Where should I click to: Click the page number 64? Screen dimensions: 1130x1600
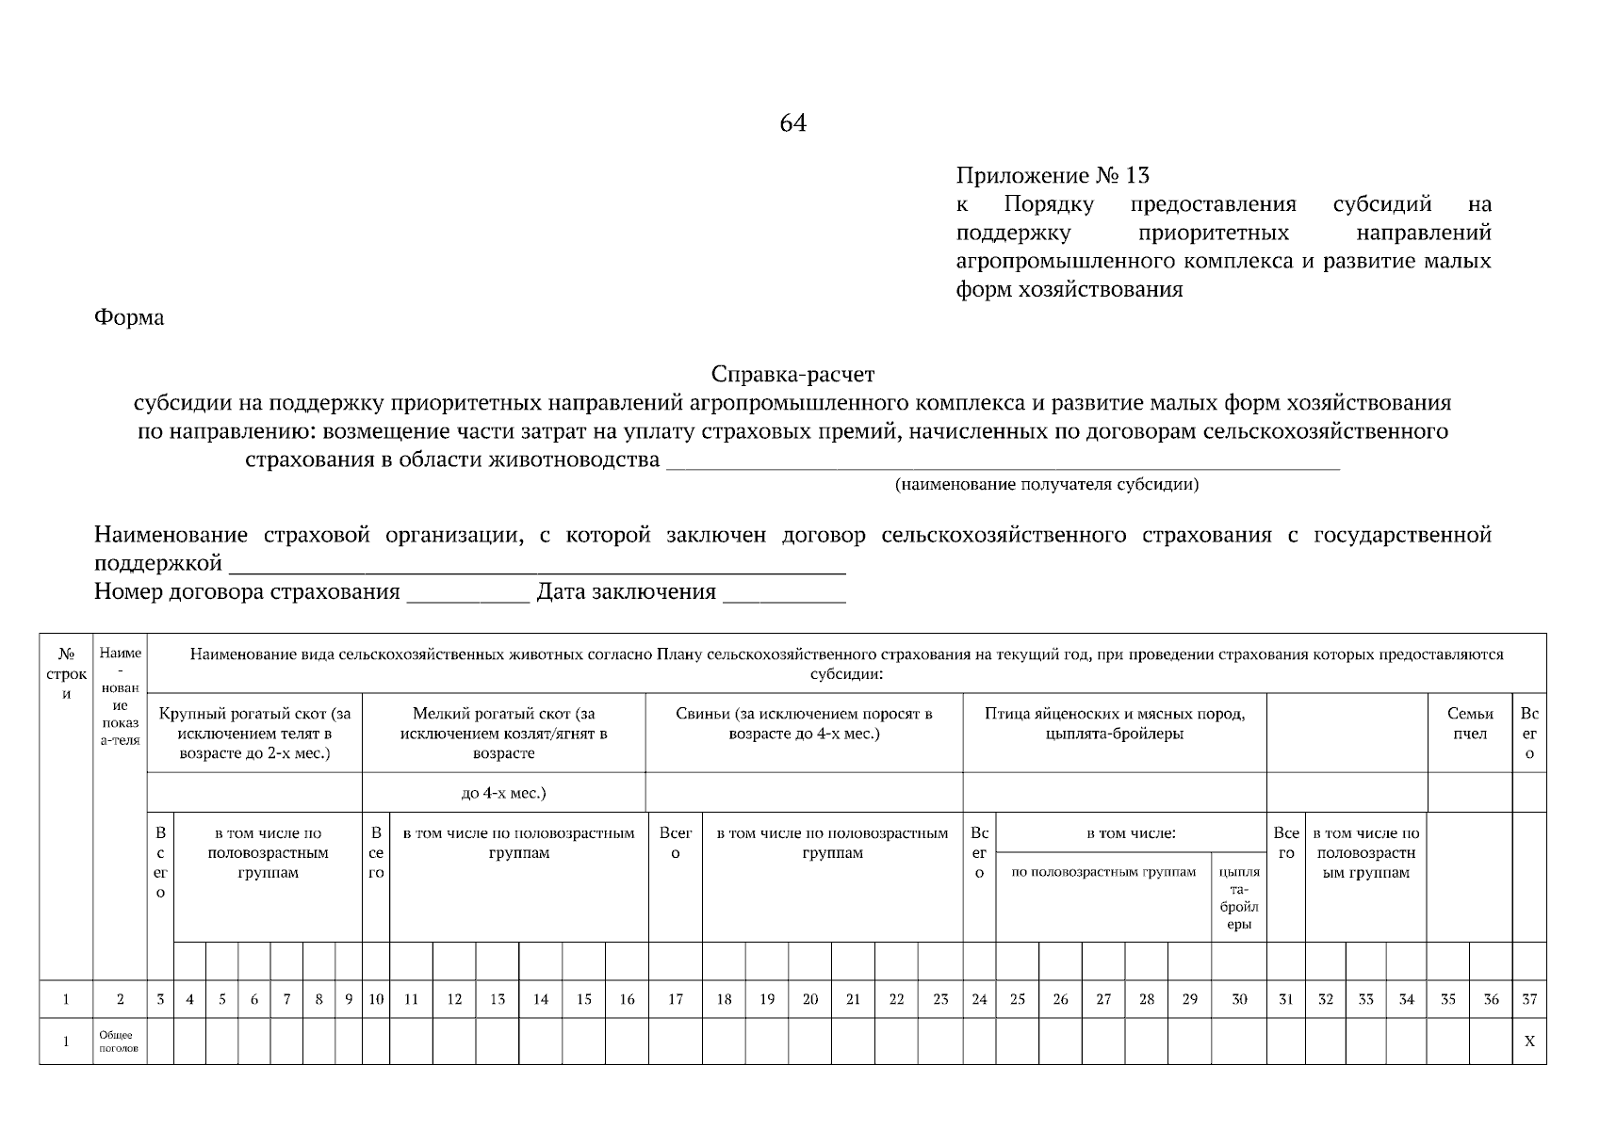tap(792, 123)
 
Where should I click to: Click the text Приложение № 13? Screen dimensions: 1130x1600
tap(1053, 175)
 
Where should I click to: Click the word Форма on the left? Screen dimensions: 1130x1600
tap(129, 317)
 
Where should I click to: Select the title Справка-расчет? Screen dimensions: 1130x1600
tap(792, 375)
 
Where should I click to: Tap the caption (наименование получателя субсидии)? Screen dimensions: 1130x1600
tap(1046, 485)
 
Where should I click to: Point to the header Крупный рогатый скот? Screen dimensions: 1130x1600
tap(254, 734)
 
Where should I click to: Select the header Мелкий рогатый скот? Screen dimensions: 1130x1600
tap(503, 734)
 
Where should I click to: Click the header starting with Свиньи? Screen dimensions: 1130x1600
tap(803, 723)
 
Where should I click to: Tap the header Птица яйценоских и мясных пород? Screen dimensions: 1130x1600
tap(1114, 723)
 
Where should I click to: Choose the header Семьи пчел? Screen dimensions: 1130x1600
tap(1469, 723)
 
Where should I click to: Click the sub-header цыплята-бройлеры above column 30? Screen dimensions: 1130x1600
tap(1238, 897)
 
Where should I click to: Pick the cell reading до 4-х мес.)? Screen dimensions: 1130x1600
tap(503, 793)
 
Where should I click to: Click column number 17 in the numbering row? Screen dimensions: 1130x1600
tap(675, 999)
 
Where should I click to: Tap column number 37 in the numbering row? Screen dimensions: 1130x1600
tap(1528, 999)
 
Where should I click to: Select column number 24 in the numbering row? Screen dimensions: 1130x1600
tap(978, 999)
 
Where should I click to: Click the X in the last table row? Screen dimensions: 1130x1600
tap(1528, 1041)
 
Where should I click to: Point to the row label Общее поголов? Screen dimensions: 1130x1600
tap(118, 1041)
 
